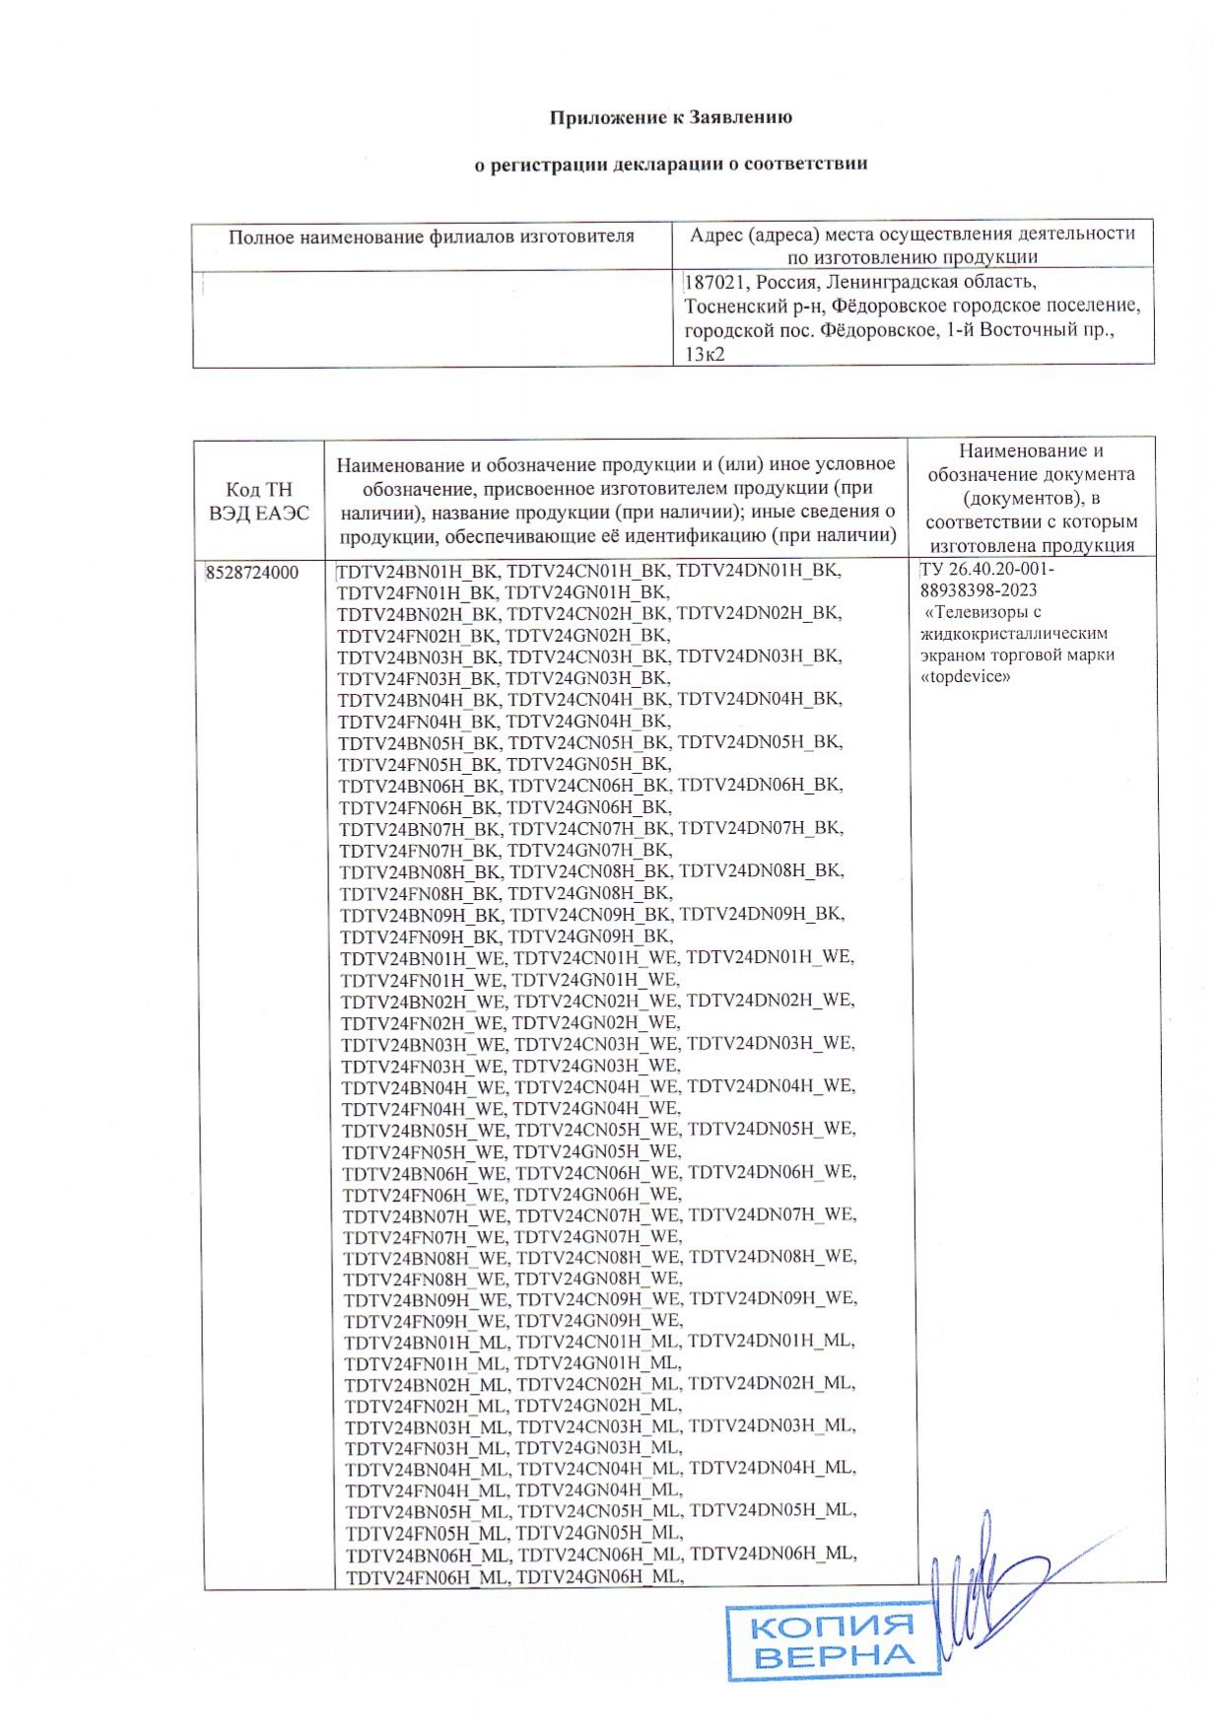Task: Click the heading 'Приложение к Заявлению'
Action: click(670, 117)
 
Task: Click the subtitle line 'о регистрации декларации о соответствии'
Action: click(670, 164)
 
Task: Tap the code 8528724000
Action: click(252, 572)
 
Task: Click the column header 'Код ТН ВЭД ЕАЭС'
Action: click(258, 501)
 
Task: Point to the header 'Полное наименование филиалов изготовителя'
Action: click(431, 237)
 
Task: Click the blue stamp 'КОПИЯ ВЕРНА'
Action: click(832, 1640)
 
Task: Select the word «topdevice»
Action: click(966, 677)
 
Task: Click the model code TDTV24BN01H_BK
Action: click(418, 570)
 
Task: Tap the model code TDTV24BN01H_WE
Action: click(423, 957)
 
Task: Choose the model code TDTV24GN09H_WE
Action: click(597, 1321)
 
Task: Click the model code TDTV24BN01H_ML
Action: click(426, 1342)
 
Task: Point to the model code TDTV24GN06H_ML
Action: click(599, 1577)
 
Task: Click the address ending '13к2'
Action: click(705, 354)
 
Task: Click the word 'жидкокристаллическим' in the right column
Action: click(1014, 634)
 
